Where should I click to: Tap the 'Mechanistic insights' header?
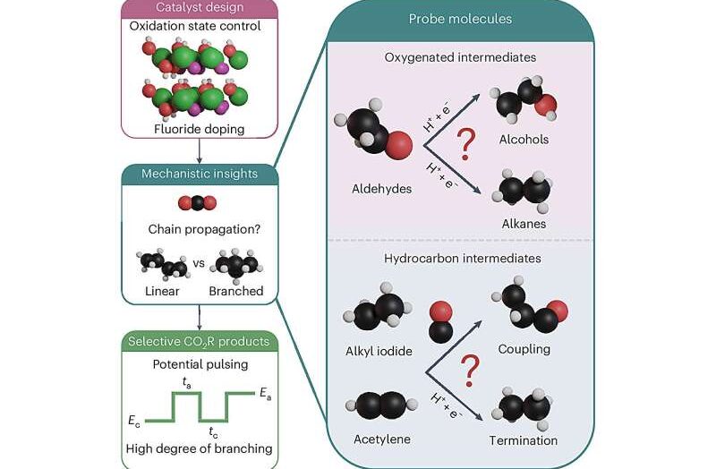point(198,173)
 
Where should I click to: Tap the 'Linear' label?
point(162,291)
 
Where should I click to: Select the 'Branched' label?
point(235,291)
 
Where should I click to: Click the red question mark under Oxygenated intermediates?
point(465,141)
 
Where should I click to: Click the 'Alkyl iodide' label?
point(378,351)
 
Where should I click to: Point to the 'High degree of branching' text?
point(198,448)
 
